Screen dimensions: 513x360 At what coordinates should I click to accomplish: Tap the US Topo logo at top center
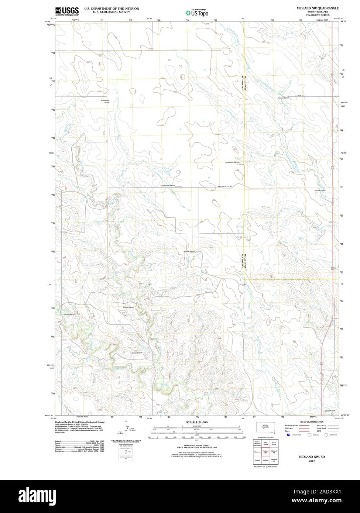(x=197, y=12)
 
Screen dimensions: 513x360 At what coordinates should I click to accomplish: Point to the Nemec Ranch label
(x=283, y=98)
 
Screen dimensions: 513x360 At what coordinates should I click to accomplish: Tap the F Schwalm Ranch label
(x=232, y=162)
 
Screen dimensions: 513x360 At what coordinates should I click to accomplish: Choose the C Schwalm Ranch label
(x=167, y=185)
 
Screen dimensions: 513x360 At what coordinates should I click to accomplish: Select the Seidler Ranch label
(x=320, y=190)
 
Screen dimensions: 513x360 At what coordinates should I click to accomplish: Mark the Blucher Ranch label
(x=189, y=251)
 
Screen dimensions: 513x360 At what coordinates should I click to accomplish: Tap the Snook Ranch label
(x=136, y=353)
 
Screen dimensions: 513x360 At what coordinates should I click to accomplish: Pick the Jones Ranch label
(x=330, y=411)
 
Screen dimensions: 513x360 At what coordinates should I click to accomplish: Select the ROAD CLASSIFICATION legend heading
(x=312, y=422)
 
